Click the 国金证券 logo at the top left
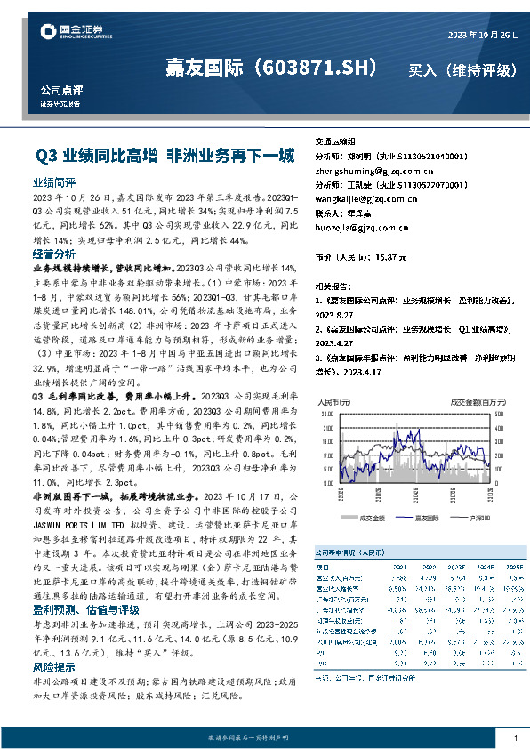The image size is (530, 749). click(x=76, y=34)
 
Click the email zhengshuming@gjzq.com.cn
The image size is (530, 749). click(x=367, y=170)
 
